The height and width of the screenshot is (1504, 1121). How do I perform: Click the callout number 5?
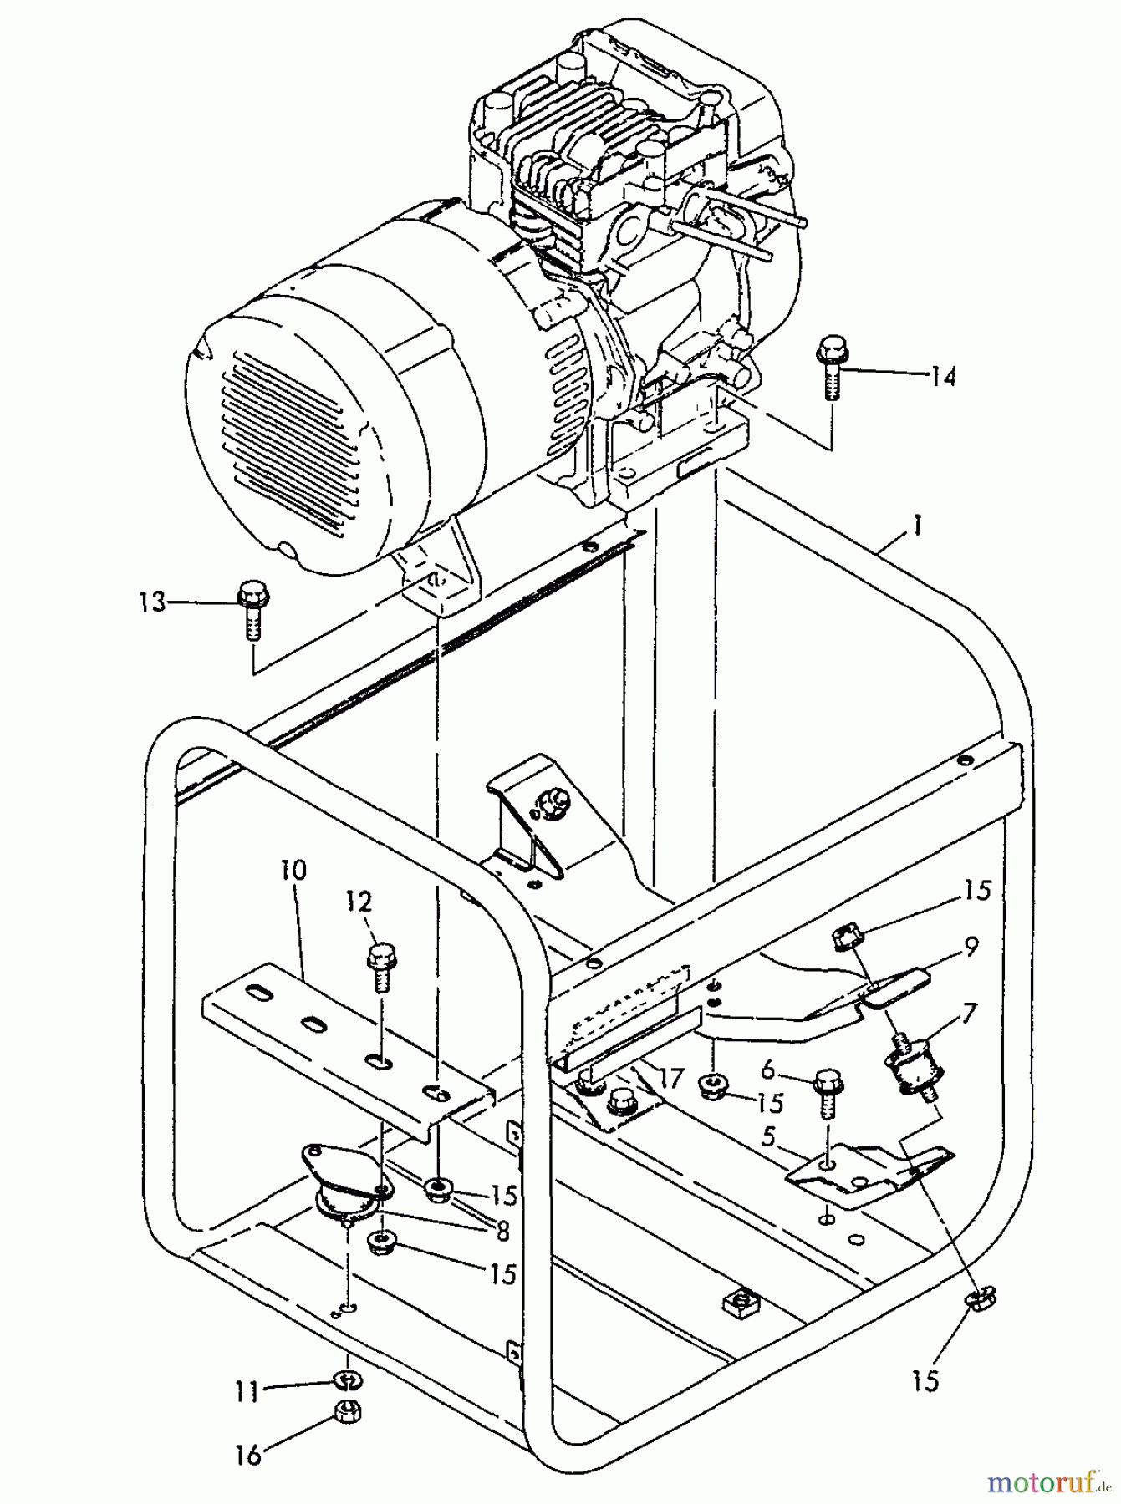coord(767,1136)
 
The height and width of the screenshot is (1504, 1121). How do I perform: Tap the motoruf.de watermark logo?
coord(1050,1481)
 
